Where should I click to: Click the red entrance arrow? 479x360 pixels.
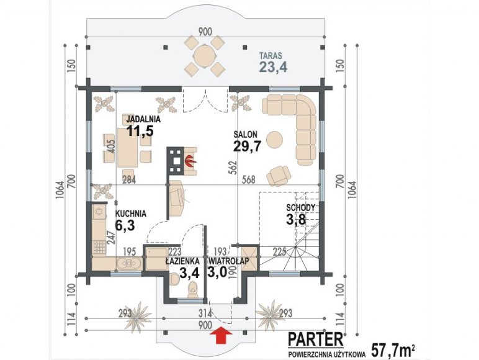221,336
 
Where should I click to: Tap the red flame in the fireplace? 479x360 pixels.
190,161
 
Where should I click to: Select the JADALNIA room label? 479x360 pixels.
143,119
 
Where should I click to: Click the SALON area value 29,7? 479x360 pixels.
247,146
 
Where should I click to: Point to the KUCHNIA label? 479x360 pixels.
130,214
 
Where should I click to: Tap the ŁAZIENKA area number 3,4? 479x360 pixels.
189,273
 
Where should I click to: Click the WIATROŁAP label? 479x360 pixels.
229,261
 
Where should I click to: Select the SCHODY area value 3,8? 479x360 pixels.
296,219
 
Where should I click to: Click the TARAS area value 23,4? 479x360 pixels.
273,67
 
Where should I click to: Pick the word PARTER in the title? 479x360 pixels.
315,340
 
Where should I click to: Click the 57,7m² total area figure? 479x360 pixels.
393,351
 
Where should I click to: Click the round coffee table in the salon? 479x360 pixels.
275,140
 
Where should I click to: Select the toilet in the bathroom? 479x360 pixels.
193,289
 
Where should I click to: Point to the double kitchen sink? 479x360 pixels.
128,263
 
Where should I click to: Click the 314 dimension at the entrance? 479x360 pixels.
205,313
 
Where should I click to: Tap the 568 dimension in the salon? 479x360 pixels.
248,179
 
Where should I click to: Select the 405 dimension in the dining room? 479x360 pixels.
111,146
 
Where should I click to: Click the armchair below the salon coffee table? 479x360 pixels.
279,176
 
